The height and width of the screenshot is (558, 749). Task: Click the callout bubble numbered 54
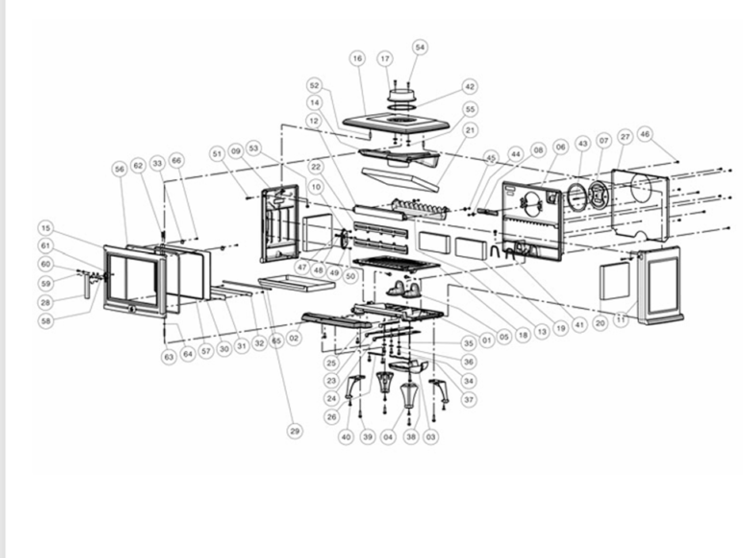pyautogui.click(x=420, y=48)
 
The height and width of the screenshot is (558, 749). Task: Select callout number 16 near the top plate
pyautogui.click(x=357, y=59)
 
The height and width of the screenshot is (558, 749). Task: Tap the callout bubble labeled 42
pyautogui.click(x=469, y=86)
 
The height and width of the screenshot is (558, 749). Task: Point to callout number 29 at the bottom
pyautogui.click(x=295, y=430)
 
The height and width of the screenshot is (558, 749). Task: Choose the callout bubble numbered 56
pyautogui.click(x=120, y=169)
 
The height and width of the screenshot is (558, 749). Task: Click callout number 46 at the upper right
pyautogui.click(x=644, y=135)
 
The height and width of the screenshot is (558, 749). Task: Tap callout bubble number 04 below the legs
pyautogui.click(x=388, y=437)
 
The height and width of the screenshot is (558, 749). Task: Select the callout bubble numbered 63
pyautogui.click(x=168, y=357)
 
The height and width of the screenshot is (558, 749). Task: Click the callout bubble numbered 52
pyautogui.click(x=315, y=85)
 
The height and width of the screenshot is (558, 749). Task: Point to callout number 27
pyautogui.click(x=625, y=137)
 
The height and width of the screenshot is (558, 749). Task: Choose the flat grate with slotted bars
pyautogui.click(x=395, y=264)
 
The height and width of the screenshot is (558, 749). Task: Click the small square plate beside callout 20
pyautogui.click(x=614, y=281)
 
